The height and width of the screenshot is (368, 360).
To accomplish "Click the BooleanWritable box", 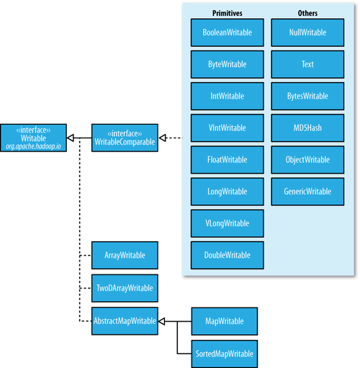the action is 227,32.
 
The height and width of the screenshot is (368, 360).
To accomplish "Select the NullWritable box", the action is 307,32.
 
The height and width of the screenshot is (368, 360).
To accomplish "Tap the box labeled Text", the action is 307,64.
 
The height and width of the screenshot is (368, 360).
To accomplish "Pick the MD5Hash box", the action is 307,128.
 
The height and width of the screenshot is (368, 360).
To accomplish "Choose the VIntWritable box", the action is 227,128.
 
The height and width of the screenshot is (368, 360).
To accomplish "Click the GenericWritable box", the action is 307,192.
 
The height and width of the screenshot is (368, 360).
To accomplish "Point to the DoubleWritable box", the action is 227,255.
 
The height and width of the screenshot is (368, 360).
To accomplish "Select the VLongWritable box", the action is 227,223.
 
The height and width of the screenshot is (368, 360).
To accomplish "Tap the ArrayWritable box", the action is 125,255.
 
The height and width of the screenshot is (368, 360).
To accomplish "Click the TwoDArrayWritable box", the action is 125,288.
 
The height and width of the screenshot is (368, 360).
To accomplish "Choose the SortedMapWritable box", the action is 225,354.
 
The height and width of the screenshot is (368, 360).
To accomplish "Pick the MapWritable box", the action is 225,321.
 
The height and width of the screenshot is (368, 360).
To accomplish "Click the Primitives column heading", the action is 228,13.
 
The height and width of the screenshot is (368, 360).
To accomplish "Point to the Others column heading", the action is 307,13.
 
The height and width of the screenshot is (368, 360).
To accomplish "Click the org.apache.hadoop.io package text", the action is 33,146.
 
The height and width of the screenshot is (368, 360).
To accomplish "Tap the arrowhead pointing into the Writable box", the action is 70,138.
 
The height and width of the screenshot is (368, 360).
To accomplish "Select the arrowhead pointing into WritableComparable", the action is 163,138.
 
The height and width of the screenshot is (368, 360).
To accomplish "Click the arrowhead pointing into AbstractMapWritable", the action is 162,321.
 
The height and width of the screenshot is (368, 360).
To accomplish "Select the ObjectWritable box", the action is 307,160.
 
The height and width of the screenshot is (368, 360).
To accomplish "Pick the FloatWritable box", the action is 227,160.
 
